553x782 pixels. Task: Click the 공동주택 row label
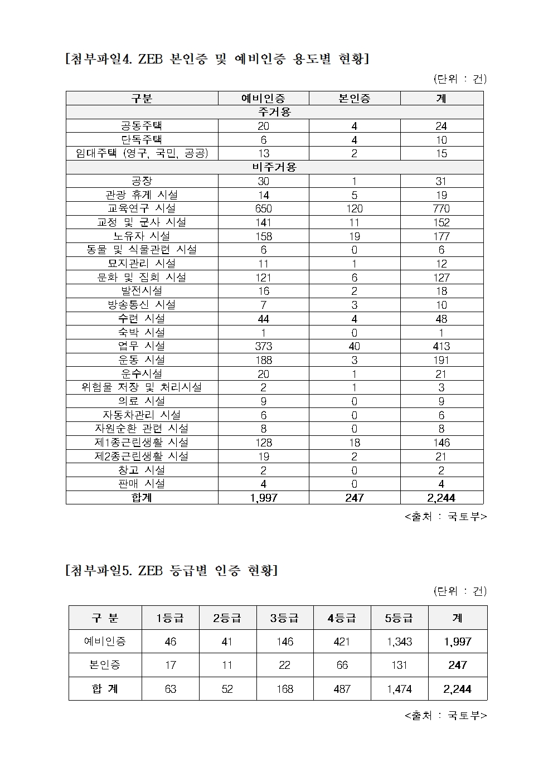[x=142, y=125]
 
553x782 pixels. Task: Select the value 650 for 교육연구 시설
[x=263, y=208]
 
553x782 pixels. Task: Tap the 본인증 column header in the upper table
[x=354, y=99]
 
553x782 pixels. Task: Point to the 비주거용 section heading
[x=274, y=167]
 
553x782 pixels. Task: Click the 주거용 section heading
[x=274, y=112]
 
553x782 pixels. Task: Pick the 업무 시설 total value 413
[x=441, y=346]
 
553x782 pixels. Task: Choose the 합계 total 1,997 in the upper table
[x=263, y=498]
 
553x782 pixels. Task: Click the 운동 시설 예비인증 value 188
[x=263, y=360]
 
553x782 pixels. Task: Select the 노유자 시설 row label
[x=142, y=236]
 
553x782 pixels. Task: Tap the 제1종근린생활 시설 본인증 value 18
[x=354, y=443]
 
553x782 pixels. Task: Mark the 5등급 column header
[x=399, y=618]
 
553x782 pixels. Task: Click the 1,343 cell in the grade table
[x=399, y=642]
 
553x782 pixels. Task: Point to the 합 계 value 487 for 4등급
[x=341, y=689]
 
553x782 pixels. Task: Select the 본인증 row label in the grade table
[x=105, y=665]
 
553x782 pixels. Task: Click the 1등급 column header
[x=170, y=618]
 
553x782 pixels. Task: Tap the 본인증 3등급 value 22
[x=284, y=665]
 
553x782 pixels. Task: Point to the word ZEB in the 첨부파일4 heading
[x=150, y=59]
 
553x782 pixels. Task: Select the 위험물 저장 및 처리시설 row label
[x=142, y=387]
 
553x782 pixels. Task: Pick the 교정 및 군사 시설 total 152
[x=441, y=222]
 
